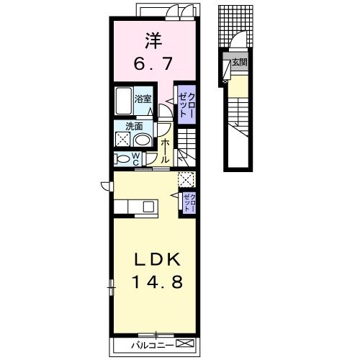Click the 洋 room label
coord(153,41)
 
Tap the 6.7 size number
coord(153,64)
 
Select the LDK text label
coord(157,259)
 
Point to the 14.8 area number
coord(157,282)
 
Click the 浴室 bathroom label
coord(143,99)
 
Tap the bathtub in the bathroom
coord(123,101)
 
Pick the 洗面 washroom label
coord(134,127)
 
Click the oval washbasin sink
coord(142,140)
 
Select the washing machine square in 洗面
coord(123,139)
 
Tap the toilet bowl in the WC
coord(122,159)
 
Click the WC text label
coord(135,159)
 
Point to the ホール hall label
coord(165,151)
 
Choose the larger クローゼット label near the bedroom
coord(187,104)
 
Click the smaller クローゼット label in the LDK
coord(189,202)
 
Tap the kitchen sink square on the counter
coord(148,207)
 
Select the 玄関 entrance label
coord(240,63)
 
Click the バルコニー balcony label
coord(153,346)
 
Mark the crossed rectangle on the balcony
coord(185,343)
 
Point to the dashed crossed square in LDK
coord(186,179)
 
